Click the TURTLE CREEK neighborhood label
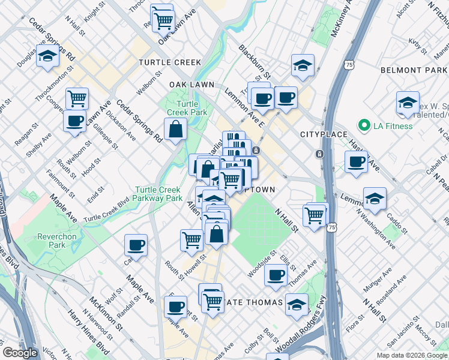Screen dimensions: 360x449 pos(170,62)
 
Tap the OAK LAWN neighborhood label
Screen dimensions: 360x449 pos(192,85)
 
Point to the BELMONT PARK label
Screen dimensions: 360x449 pos(414,70)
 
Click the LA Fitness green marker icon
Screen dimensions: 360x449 pos(363,126)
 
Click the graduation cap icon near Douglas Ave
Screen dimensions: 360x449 pos(46,56)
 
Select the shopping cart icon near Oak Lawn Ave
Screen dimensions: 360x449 pos(163,20)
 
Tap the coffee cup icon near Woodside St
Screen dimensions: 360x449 pos(276,275)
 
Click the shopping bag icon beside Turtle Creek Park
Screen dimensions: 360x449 pos(175,129)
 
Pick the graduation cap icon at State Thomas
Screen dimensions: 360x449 pos(297,304)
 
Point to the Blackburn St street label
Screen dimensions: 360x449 pos(255,62)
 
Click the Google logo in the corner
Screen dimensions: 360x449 pos(21,353)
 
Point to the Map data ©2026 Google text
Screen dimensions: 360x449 pos(411,355)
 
